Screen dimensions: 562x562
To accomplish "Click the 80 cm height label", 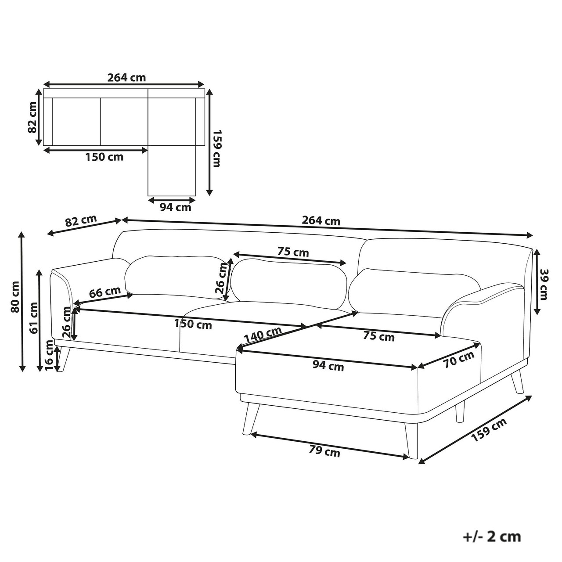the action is click(x=14, y=297).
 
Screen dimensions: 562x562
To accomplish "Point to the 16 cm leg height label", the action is click(x=50, y=356).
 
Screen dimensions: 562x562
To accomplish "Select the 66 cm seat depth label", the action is click(x=105, y=292).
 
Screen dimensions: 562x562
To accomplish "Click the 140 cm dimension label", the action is click(x=263, y=335).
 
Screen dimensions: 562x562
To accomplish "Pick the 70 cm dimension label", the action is click(x=459, y=360).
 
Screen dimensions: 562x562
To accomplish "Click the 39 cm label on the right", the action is click(x=544, y=285).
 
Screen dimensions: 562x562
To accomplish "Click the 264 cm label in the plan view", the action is click(x=126, y=78).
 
